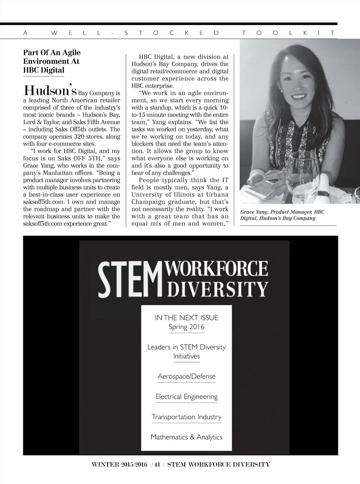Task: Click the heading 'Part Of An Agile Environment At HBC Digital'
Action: pos(52,61)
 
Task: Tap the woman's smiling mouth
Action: pos(298,96)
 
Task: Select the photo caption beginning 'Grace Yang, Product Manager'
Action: pos(282,215)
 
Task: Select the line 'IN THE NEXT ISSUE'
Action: pos(186,318)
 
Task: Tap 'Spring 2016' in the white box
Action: pos(186,327)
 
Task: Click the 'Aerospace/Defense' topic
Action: pos(186,376)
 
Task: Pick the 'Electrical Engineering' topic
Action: pos(186,397)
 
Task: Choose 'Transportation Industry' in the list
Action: pos(186,417)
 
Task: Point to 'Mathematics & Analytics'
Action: pos(186,437)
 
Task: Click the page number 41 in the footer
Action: pos(157,464)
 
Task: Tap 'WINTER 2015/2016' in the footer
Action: pos(119,464)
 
